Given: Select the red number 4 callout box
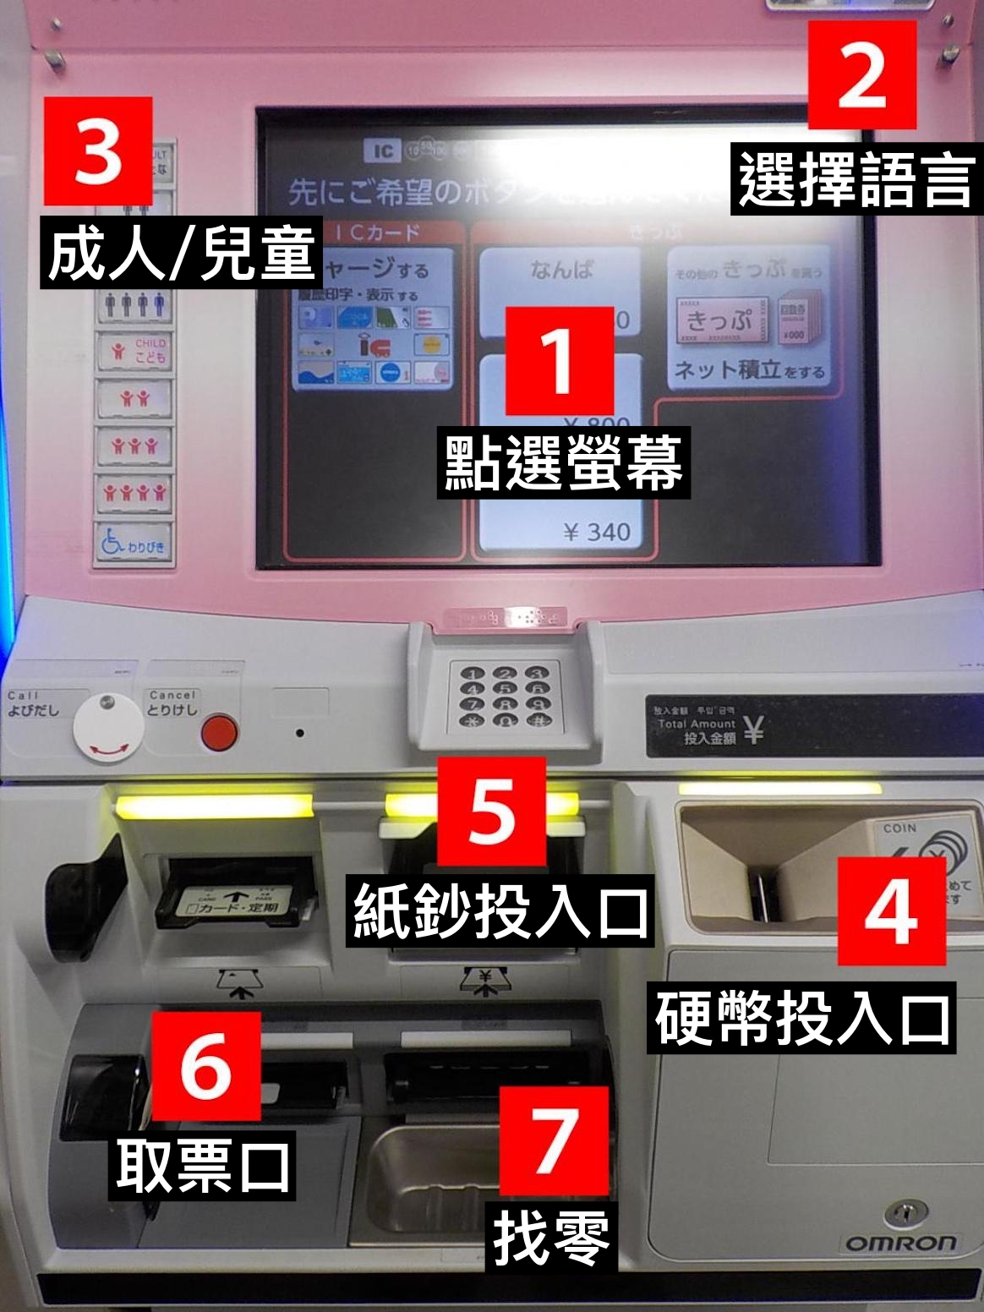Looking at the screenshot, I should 892,910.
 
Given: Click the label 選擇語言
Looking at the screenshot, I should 856,180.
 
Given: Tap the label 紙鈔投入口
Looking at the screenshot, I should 501,911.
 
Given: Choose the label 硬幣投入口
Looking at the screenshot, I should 801,1018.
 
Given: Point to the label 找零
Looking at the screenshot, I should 552,1237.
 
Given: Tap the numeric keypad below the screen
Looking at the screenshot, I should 505,696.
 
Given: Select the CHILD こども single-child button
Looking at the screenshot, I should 134,351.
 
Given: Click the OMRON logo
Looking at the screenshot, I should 900,1244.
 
